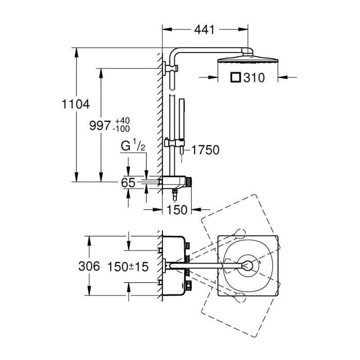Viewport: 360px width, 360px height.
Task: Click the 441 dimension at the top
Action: tap(204, 30)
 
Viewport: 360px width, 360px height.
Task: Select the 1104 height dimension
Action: tap(76, 104)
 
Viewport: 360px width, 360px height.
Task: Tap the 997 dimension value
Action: tap(100, 126)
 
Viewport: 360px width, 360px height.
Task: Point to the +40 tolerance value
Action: tap(122, 121)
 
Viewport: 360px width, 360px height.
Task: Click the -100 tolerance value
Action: tap(121, 129)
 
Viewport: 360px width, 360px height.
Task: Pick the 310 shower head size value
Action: tap(254, 77)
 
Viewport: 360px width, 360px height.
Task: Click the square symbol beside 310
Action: tap(235, 77)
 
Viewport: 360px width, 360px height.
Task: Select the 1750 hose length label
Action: tap(205, 150)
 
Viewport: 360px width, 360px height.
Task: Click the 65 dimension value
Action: tap(128, 183)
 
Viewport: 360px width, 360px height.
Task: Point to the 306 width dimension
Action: tap(89, 266)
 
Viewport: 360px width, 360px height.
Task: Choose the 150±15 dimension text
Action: tap(128, 267)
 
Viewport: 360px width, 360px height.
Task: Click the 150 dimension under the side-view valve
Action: tap(177, 210)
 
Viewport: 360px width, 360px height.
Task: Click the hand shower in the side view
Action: tap(182, 119)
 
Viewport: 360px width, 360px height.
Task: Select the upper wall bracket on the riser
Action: tap(170, 68)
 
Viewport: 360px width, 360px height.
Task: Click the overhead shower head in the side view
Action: tap(248, 59)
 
